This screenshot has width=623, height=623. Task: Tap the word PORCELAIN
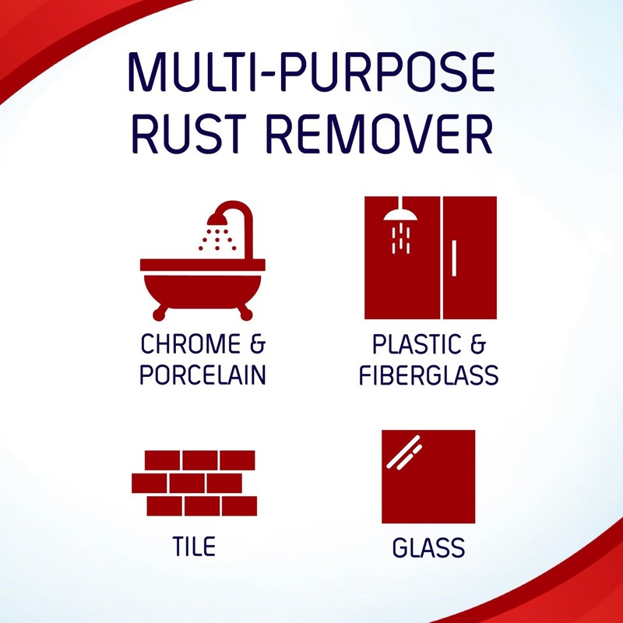click(202, 375)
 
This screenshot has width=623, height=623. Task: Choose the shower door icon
click(431, 258)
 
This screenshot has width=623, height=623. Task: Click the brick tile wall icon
click(194, 483)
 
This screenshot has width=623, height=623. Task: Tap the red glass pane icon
click(428, 477)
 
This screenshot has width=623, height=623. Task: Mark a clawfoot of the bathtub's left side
click(161, 314)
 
